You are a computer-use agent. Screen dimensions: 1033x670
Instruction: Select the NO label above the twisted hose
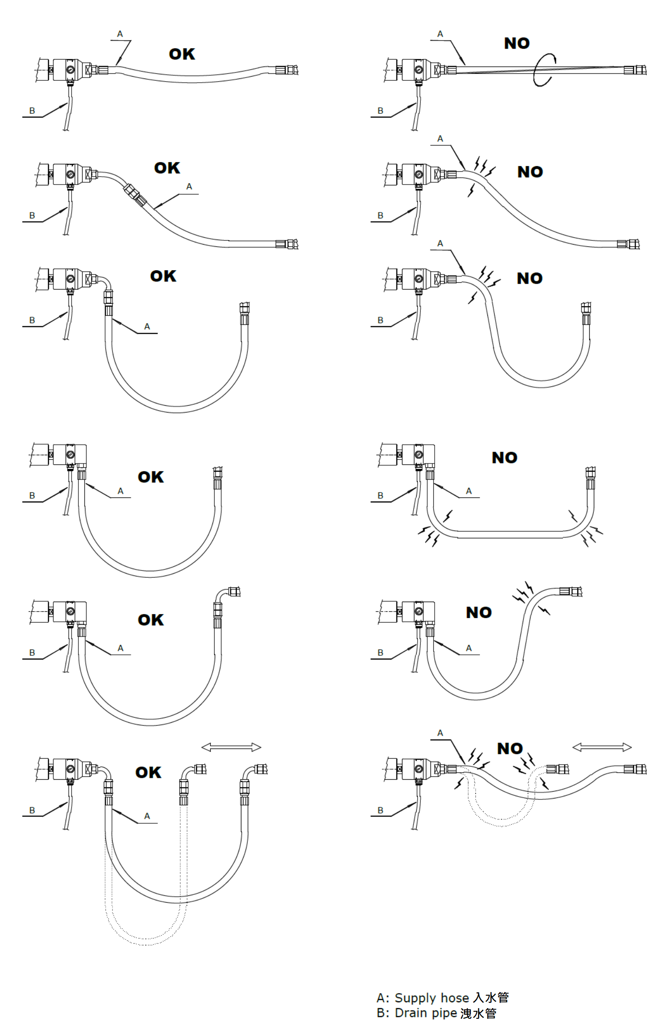click(x=517, y=43)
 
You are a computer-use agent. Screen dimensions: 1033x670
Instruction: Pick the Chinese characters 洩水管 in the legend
click(x=478, y=1013)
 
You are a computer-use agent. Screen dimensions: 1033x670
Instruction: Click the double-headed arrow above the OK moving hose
click(x=231, y=748)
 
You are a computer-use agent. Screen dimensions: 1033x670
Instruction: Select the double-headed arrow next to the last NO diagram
click(x=602, y=748)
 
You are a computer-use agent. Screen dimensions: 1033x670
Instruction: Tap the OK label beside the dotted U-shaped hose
click(x=148, y=772)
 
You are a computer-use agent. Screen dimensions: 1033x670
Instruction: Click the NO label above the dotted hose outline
click(x=510, y=748)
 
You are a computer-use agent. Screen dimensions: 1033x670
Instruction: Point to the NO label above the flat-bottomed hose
click(x=504, y=458)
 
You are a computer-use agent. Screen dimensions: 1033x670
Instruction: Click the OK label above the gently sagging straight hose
click(x=182, y=54)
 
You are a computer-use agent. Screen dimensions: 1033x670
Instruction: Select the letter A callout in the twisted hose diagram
click(x=440, y=34)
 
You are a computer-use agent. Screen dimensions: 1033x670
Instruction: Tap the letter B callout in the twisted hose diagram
click(x=380, y=111)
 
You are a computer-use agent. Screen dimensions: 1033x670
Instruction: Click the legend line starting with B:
click(x=436, y=1013)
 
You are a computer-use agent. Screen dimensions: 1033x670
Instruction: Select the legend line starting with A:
click(x=442, y=998)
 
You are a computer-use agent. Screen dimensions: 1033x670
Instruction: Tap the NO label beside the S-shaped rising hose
click(x=479, y=612)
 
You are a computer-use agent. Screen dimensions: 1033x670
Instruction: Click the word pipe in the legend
click(x=445, y=1013)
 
